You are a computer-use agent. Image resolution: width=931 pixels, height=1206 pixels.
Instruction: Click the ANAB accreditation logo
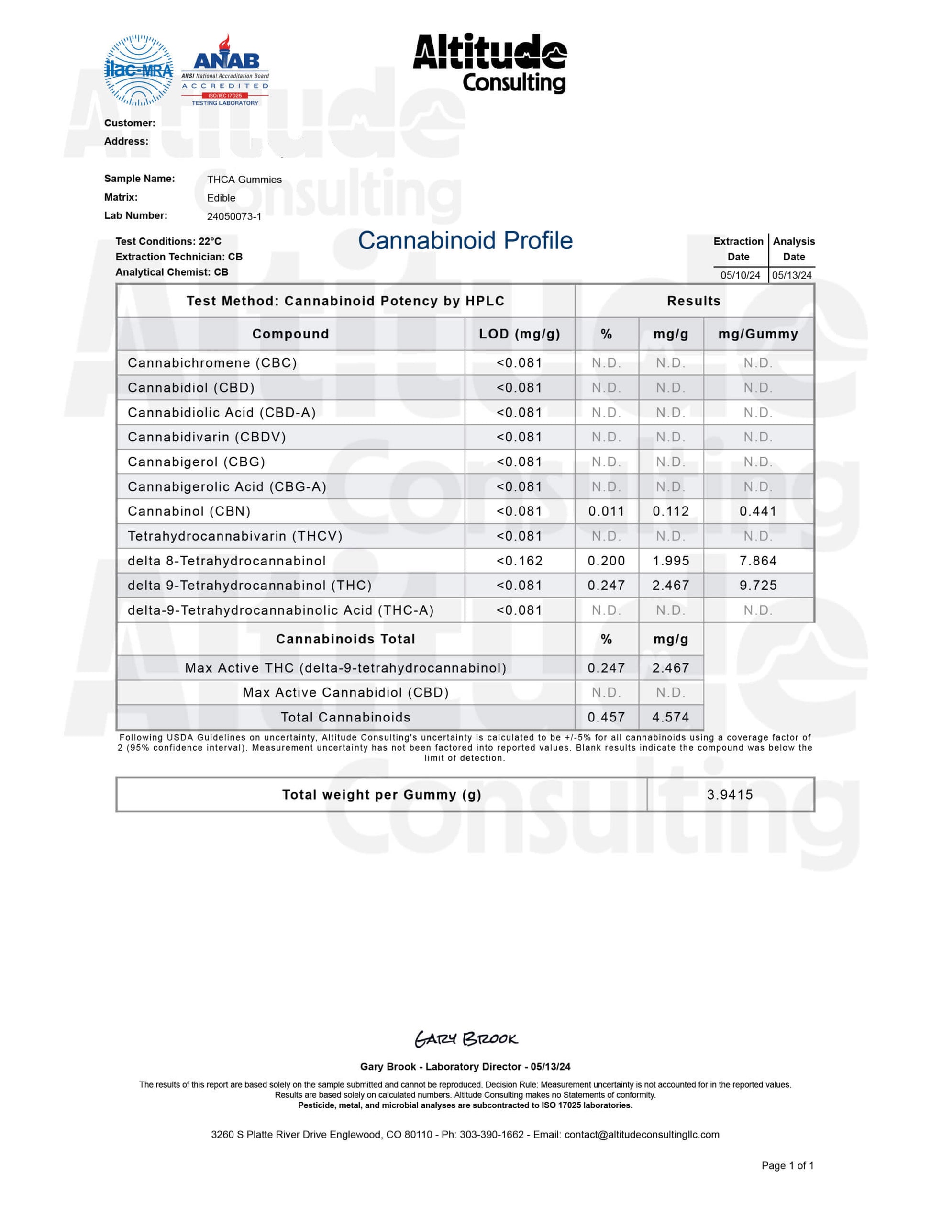(x=225, y=71)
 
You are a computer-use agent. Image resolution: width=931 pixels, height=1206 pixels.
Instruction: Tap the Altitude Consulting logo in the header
(x=489, y=63)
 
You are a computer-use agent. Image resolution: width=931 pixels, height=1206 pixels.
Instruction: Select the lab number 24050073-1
(x=234, y=216)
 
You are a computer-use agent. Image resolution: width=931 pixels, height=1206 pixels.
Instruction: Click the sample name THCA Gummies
(x=244, y=180)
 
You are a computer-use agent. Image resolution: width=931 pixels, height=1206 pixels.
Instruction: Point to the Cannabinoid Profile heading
(x=465, y=241)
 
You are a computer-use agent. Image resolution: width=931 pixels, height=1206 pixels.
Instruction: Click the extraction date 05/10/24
(x=740, y=275)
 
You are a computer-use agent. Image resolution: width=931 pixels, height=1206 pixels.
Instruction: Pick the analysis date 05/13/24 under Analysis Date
(x=791, y=275)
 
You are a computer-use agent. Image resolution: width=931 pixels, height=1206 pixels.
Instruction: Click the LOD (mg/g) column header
(x=519, y=334)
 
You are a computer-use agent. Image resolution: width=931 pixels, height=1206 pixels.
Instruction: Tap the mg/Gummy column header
(x=758, y=334)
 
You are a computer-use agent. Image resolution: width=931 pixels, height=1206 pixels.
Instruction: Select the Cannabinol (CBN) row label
(x=189, y=511)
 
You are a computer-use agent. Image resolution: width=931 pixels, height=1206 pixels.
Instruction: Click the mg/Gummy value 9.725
(x=758, y=586)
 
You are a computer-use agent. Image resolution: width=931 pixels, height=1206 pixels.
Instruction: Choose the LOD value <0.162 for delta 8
(x=519, y=561)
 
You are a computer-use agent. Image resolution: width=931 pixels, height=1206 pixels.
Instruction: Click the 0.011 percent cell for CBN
(x=606, y=511)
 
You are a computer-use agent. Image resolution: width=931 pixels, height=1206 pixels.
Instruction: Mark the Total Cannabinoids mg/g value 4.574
(x=671, y=717)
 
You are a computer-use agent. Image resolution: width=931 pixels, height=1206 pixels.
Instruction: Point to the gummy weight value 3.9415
(x=730, y=795)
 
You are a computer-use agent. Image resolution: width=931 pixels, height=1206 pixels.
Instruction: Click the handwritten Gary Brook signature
(x=466, y=1039)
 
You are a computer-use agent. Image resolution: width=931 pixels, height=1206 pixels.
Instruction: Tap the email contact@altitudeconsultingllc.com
(x=642, y=1135)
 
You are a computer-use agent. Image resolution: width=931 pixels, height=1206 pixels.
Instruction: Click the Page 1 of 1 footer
(x=787, y=1166)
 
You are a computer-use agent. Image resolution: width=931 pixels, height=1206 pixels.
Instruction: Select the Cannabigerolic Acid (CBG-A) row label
(x=227, y=486)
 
